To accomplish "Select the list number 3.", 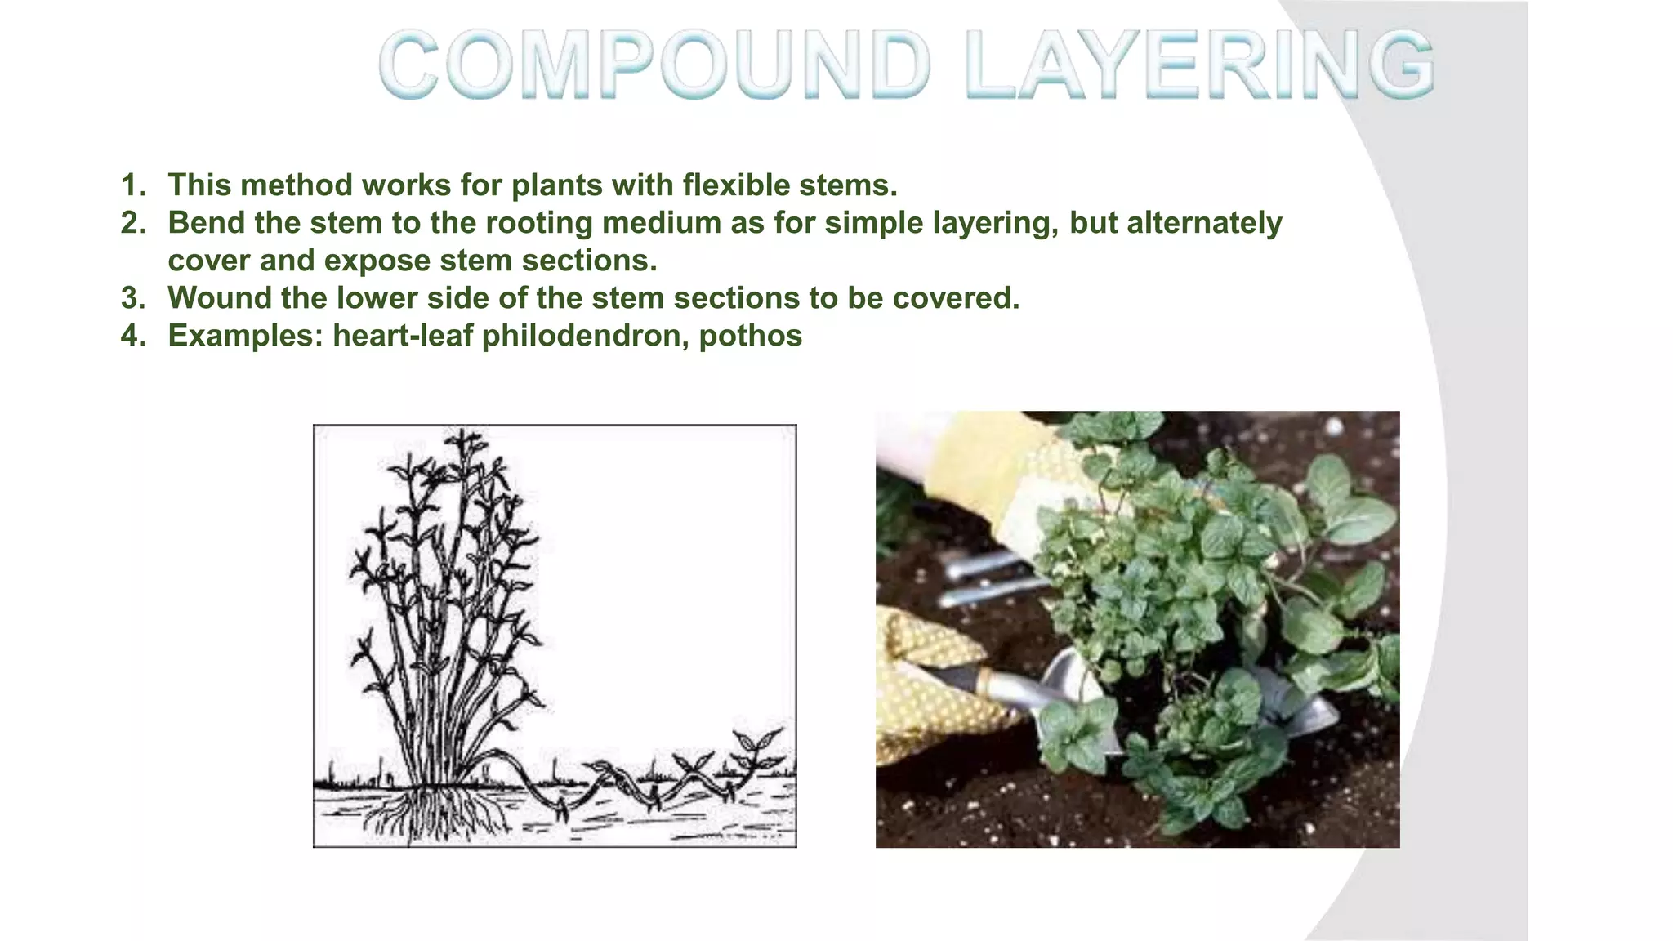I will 132,298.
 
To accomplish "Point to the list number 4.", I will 132,336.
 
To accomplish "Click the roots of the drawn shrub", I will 433,813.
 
